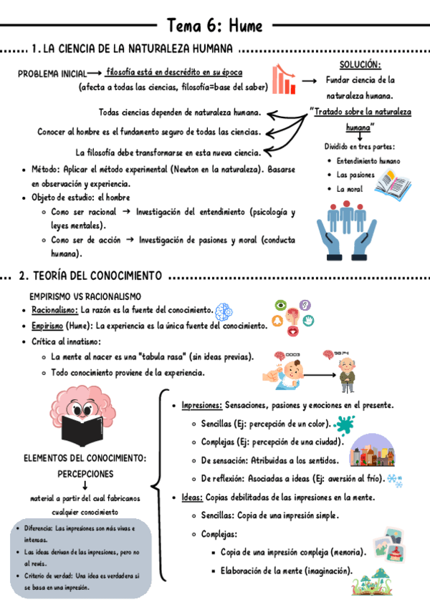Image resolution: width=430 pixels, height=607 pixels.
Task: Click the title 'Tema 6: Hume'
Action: [214, 27]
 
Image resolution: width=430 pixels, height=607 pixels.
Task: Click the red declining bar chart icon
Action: [285, 79]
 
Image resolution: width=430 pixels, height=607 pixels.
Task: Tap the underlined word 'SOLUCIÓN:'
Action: [360, 65]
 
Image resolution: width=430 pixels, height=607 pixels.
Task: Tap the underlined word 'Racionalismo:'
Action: [54, 311]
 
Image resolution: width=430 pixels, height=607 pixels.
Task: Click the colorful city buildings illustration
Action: [371, 450]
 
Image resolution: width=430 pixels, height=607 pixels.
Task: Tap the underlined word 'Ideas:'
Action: [192, 497]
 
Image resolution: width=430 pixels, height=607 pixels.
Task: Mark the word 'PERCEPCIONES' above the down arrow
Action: [85, 473]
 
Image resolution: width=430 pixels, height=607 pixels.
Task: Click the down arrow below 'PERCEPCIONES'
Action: [85, 486]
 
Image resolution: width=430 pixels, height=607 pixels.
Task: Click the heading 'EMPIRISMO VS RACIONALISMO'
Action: [85, 296]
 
